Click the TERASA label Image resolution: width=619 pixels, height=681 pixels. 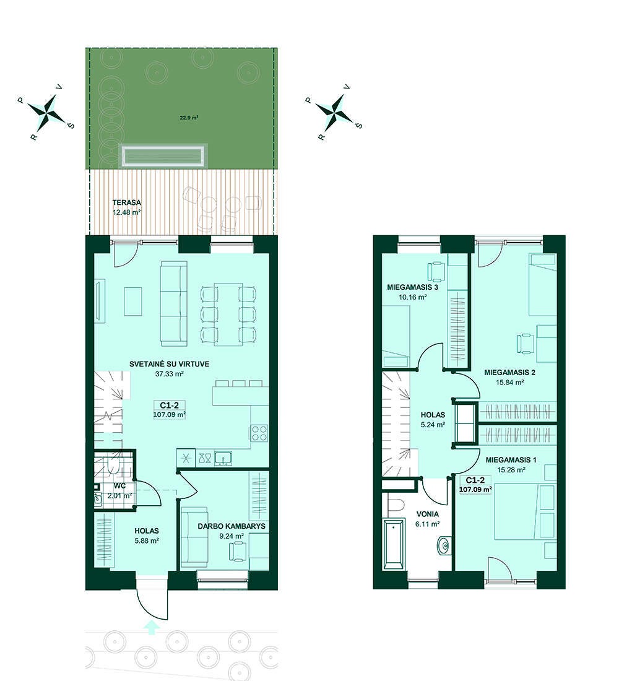click(126, 202)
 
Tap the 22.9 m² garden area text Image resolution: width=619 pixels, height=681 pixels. click(189, 118)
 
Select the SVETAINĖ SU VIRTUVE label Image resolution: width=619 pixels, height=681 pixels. click(170, 364)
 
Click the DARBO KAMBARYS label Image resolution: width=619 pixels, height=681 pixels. click(232, 526)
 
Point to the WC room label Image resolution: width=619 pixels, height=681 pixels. click(120, 485)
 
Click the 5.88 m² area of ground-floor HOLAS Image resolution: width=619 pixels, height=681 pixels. click(146, 540)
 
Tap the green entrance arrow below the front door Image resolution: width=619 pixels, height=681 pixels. click(151, 628)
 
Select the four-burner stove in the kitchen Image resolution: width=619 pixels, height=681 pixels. click(260, 433)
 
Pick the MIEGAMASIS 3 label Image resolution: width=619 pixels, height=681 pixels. click(413, 287)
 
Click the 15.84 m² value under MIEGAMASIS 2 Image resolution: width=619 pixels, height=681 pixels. click(509, 383)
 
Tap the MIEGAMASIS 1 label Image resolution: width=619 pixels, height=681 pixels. click(511, 459)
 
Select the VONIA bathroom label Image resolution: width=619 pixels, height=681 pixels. click(428, 514)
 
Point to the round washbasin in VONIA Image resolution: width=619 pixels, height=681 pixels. click(444, 545)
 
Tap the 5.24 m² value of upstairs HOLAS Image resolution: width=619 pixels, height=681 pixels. click(433, 425)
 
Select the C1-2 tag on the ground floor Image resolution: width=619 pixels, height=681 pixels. click(170, 406)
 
